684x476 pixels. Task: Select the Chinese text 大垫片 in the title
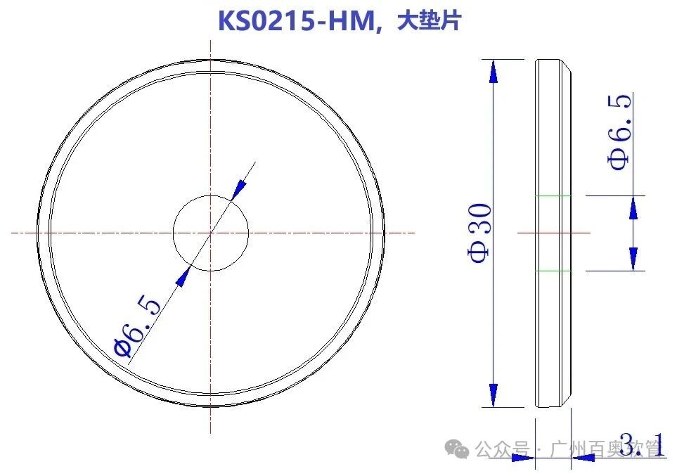[429, 21]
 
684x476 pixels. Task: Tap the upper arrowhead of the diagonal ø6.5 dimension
[239, 189]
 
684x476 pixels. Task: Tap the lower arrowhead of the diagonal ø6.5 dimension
[184, 276]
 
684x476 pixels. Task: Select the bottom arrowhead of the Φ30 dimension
[493, 394]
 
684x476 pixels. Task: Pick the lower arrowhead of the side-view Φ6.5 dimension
[634, 257]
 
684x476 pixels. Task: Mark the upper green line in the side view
[553, 195]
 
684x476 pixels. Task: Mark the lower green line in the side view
[553, 271]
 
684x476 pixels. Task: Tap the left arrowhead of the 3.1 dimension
[523, 458]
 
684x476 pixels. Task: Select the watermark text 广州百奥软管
[605, 448]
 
